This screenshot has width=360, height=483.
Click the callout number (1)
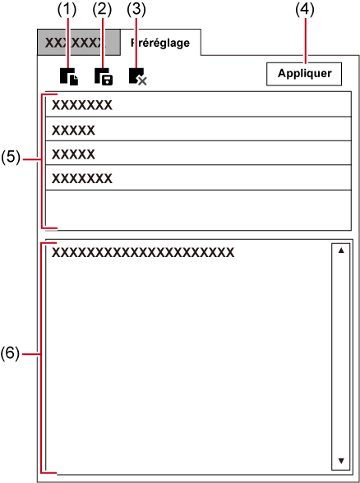tap(67, 10)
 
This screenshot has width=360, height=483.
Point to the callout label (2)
tap(102, 10)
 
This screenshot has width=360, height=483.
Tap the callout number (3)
tap(136, 10)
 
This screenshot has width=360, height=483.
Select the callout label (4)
tap(305, 10)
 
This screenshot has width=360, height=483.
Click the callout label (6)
tap(10, 353)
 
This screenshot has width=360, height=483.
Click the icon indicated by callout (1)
tap(69, 76)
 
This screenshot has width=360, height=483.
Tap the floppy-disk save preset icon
tap(104, 76)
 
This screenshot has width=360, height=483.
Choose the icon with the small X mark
tap(138, 76)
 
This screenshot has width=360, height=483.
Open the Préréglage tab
tap(160, 43)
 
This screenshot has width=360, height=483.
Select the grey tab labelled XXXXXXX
tap(79, 43)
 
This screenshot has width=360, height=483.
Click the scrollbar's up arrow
tap(341, 251)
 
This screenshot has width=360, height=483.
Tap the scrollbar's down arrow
tap(341, 461)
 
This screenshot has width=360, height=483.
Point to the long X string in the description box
tap(143, 253)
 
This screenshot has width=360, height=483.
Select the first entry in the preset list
tap(198, 104)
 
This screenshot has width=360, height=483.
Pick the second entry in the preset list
tap(198, 129)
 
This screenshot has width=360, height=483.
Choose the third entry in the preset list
tap(198, 153)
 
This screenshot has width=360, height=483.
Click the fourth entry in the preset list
tap(198, 177)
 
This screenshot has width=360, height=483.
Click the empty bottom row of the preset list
tap(198, 209)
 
